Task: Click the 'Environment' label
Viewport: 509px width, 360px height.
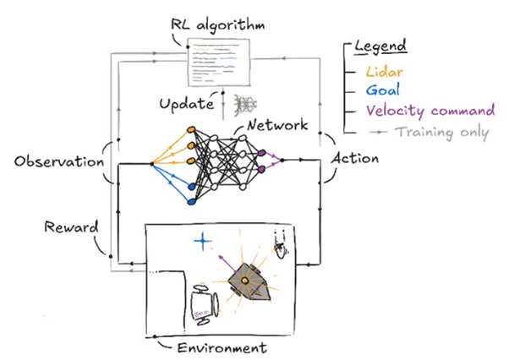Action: coord(222,346)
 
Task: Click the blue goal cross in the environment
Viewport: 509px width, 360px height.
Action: coord(201,242)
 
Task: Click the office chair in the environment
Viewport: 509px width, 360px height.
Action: coord(205,301)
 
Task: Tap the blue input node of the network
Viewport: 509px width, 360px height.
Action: coord(191,202)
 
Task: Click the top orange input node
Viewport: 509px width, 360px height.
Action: coord(191,129)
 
